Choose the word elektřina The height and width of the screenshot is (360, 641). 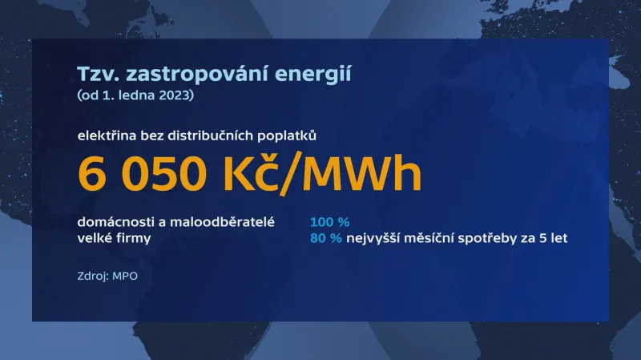[x=106, y=136]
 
